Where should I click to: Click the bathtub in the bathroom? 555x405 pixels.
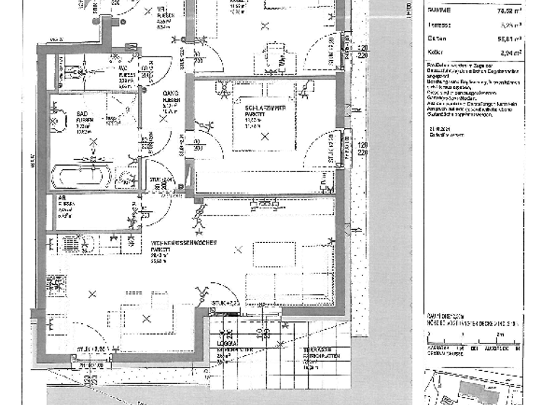click(81, 176)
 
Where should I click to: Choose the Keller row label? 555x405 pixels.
click(435, 53)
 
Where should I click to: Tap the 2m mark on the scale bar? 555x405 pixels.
click(499, 335)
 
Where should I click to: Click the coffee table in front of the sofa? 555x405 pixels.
click(273, 255)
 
